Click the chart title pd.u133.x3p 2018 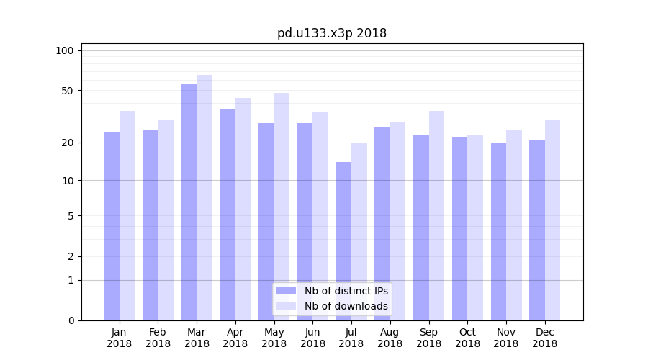(332, 33)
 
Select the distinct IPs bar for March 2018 (189, 202)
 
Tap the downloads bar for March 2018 (204, 197)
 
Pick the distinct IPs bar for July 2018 (343, 241)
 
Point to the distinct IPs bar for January (112, 226)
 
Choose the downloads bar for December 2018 (552, 220)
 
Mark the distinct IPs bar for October (459, 228)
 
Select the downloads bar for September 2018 (436, 215)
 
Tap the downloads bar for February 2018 (166, 220)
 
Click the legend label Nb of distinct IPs (346, 291)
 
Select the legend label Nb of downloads (346, 306)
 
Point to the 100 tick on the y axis (65, 50)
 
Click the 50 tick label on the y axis (68, 91)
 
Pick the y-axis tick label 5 (71, 215)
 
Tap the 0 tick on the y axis (71, 320)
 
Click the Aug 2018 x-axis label (390, 338)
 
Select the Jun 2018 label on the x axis (312, 338)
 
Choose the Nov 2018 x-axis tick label (506, 338)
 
